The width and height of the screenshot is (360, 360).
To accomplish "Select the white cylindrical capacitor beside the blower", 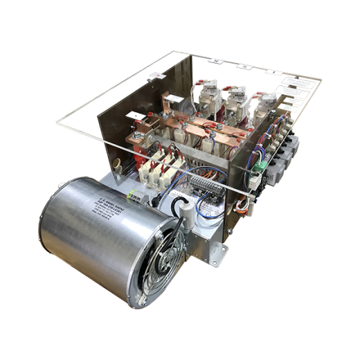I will (184, 205).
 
